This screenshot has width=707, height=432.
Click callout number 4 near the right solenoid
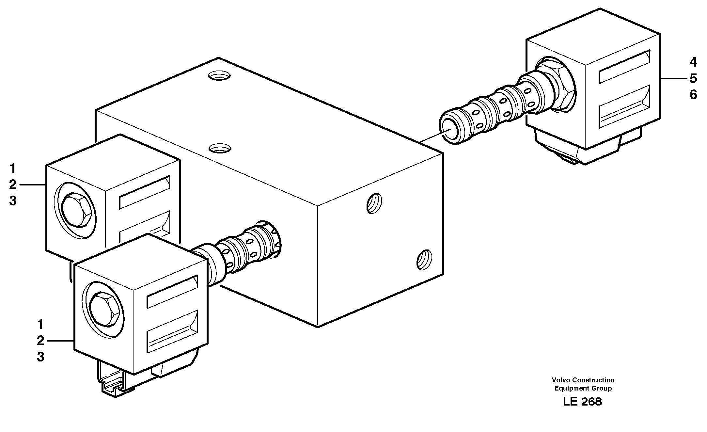tap(693, 62)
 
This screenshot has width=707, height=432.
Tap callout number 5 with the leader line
tap(693, 78)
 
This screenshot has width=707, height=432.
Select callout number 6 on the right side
tap(693, 95)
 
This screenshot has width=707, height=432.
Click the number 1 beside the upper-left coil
tap(13, 169)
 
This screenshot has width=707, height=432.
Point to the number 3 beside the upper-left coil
tap(13, 201)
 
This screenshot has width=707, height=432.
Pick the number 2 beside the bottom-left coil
tap(40, 341)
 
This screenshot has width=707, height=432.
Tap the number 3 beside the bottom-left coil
tap(40, 357)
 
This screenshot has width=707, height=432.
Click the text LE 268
tap(582, 402)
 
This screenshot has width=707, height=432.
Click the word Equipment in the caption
tap(569, 388)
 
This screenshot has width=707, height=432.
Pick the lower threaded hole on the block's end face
tap(424, 260)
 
